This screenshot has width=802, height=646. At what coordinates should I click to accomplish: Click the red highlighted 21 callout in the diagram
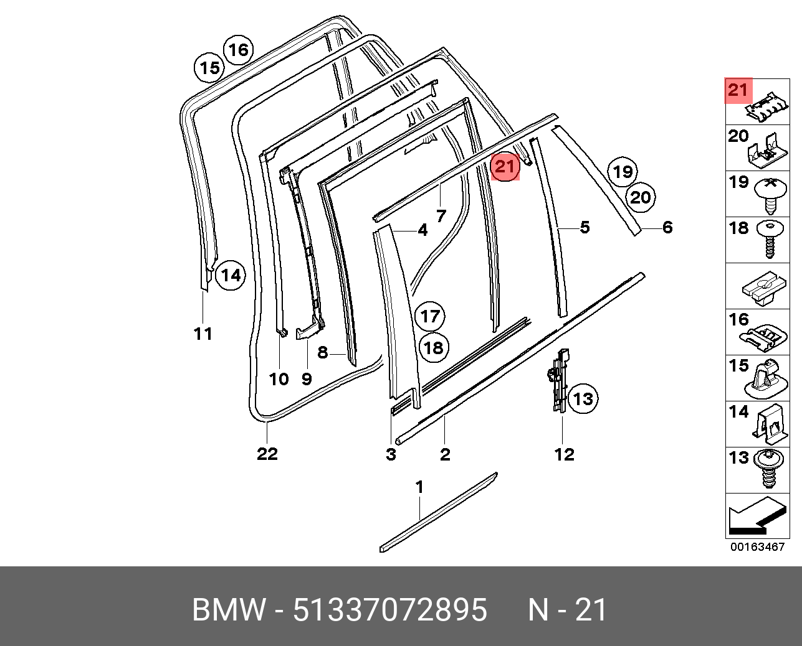point(505,166)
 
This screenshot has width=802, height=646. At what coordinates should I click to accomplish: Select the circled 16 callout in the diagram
point(237,50)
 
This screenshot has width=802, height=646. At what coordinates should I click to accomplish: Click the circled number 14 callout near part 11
point(230,274)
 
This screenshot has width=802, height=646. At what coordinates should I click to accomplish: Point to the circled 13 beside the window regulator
point(583,398)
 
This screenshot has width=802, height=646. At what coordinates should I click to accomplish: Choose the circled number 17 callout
point(429,316)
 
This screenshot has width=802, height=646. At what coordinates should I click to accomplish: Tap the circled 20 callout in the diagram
point(640,197)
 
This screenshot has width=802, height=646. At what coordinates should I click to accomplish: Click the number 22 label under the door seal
point(267,454)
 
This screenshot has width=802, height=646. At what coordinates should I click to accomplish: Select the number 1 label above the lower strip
point(419,487)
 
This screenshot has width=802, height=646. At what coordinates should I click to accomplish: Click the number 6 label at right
point(667,228)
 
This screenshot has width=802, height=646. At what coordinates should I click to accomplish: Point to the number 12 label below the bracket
point(564,454)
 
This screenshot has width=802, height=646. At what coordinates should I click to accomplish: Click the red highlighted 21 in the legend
point(738,90)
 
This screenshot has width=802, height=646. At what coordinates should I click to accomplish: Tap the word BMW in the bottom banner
point(228,610)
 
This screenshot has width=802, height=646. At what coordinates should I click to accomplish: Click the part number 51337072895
point(389,610)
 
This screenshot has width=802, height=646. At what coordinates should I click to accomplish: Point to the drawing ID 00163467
point(757,548)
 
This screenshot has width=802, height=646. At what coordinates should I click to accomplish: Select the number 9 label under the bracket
point(306,378)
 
